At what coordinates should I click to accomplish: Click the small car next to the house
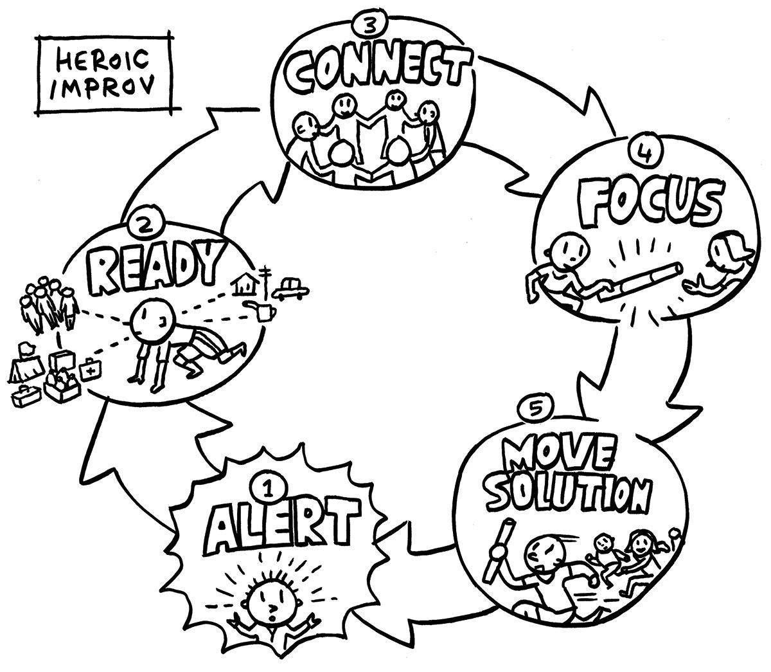tap(290, 288)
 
